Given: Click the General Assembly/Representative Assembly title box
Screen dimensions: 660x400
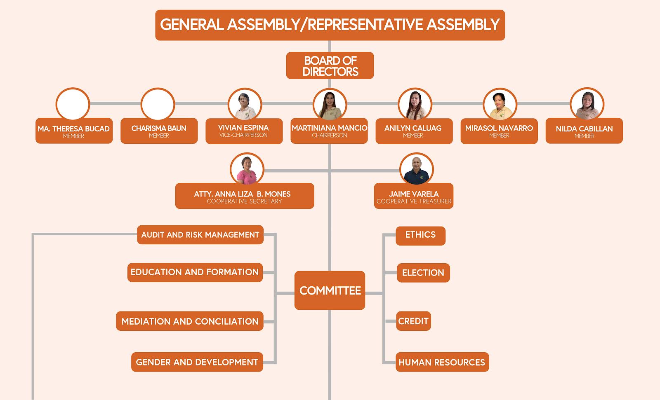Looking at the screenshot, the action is click(330, 25).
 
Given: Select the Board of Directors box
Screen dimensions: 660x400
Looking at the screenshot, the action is click(330, 65).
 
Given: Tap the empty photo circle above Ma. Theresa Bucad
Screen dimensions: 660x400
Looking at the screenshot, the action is click(73, 104).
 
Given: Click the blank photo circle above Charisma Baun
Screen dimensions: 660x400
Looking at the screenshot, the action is click(158, 104).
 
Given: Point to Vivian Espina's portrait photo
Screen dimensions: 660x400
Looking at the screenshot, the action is click(245, 104).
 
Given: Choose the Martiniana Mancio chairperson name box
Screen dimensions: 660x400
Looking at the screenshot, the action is click(329, 131).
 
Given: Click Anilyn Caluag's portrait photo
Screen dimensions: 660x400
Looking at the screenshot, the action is click(415, 104).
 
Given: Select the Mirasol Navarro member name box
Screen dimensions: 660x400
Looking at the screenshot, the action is click(499, 131).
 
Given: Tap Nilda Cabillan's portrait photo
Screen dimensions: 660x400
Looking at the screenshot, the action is click(587, 104).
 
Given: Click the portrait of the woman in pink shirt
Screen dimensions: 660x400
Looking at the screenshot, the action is click(247, 169).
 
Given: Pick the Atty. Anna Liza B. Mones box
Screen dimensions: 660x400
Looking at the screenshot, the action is click(245, 196).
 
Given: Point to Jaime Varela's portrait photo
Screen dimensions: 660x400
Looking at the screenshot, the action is click(416, 169).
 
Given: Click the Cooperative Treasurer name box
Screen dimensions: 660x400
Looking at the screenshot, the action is click(414, 196).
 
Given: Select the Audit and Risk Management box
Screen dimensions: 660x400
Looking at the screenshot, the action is click(200, 234).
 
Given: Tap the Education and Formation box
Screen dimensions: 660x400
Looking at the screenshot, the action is click(195, 272).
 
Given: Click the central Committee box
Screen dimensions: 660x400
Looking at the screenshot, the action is click(330, 290).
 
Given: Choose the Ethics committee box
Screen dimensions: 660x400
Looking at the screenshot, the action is click(420, 236).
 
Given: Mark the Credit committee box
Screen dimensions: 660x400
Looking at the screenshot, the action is click(413, 321).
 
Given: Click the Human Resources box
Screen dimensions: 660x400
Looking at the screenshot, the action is click(442, 362).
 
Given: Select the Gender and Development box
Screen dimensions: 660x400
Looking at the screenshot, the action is click(197, 362).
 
